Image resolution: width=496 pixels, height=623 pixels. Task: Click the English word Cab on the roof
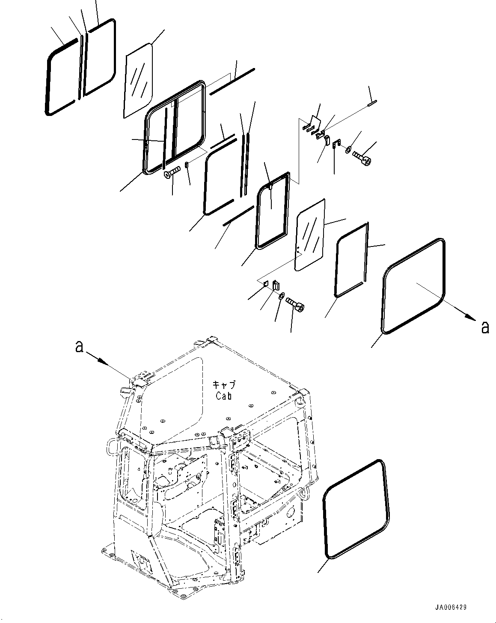pyautogui.click(x=224, y=396)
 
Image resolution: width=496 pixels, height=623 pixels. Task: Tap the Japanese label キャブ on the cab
pyautogui.click(x=224, y=384)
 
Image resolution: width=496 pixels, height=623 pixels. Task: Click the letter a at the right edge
pyautogui.click(x=485, y=328)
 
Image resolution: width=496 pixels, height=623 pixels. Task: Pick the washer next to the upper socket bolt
pyautogui.click(x=348, y=150)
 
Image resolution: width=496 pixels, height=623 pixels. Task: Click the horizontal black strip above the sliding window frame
pyautogui.click(x=232, y=81)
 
